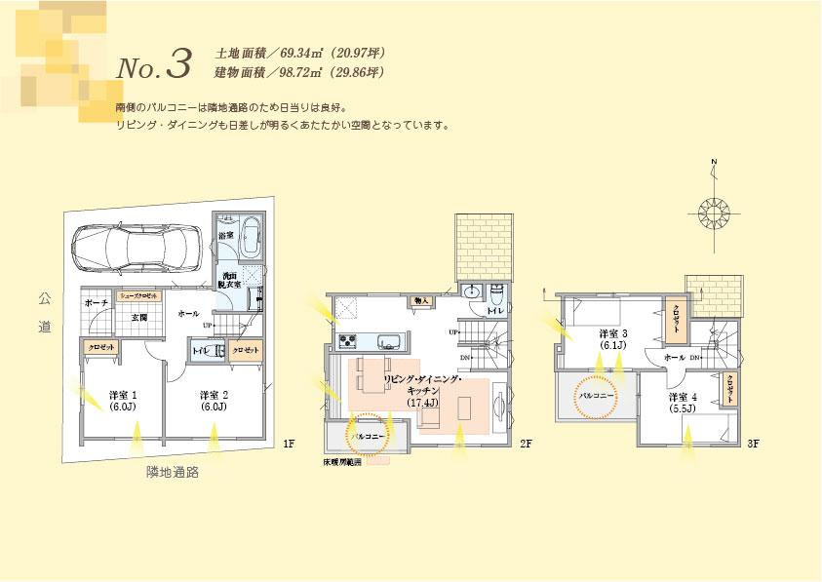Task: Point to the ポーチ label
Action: click(x=96, y=303)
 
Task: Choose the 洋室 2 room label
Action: click(x=214, y=400)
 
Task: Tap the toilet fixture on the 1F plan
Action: click(x=218, y=350)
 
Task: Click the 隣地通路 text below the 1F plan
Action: click(x=173, y=472)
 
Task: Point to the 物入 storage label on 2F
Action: click(x=422, y=301)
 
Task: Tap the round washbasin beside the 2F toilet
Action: click(x=471, y=292)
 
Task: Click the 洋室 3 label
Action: click(x=613, y=338)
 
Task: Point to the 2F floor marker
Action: click(x=526, y=445)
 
